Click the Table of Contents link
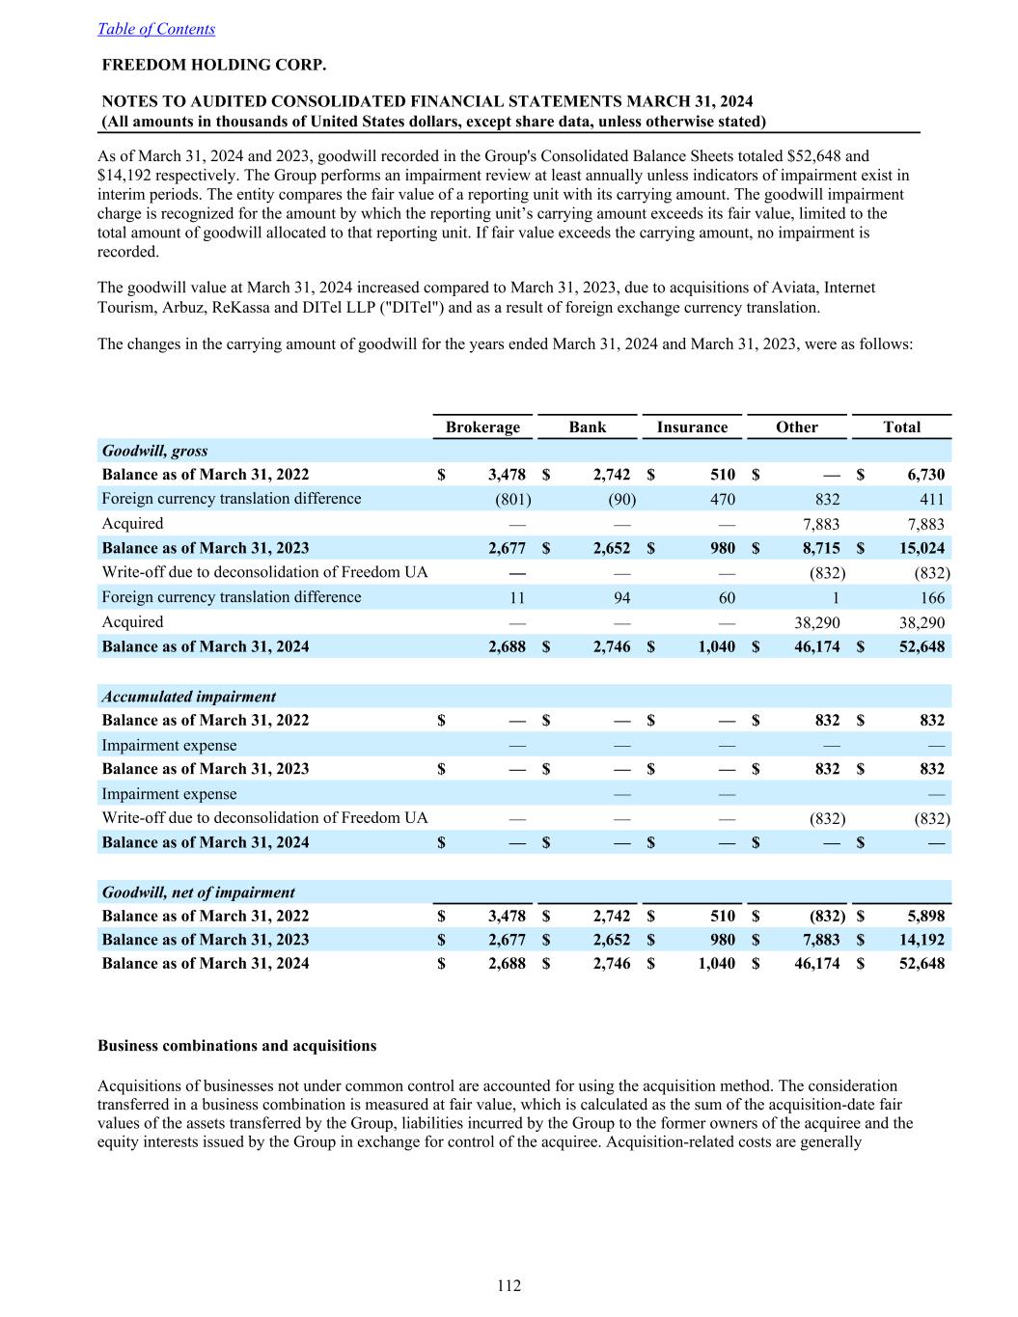(x=156, y=29)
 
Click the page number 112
(x=509, y=1285)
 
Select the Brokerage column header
(x=482, y=427)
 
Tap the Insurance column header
(x=692, y=427)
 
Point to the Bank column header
(x=588, y=427)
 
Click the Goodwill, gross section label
(x=154, y=451)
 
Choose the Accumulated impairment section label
(x=189, y=697)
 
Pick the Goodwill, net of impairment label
(x=198, y=892)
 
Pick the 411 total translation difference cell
(x=932, y=499)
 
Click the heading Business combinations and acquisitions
(x=237, y=1046)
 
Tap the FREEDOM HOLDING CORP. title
(x=214, y=66)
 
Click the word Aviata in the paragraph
(x=790, y=288)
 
